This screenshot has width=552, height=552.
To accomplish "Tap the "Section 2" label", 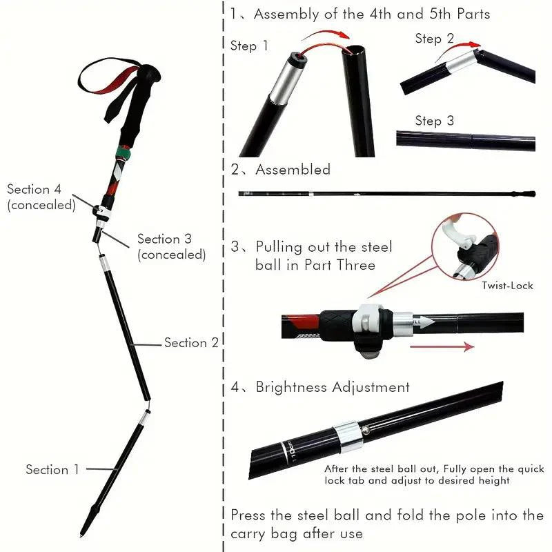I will pos(191,343).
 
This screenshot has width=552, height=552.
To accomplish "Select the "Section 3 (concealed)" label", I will pos(171,246).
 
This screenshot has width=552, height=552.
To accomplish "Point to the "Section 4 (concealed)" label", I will pos(41,197).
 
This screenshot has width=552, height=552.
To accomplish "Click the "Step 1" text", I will pos(249,46).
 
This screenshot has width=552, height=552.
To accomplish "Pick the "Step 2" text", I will pos(434,39).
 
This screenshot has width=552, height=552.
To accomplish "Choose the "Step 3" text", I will pos(434,121).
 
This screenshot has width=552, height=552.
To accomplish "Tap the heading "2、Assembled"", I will pos(281,170).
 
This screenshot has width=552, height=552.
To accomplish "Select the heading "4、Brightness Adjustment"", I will pos(320,387).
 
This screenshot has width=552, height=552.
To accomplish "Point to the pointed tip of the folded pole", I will pos(83,532).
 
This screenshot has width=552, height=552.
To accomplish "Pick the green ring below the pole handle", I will pos(124,150).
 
